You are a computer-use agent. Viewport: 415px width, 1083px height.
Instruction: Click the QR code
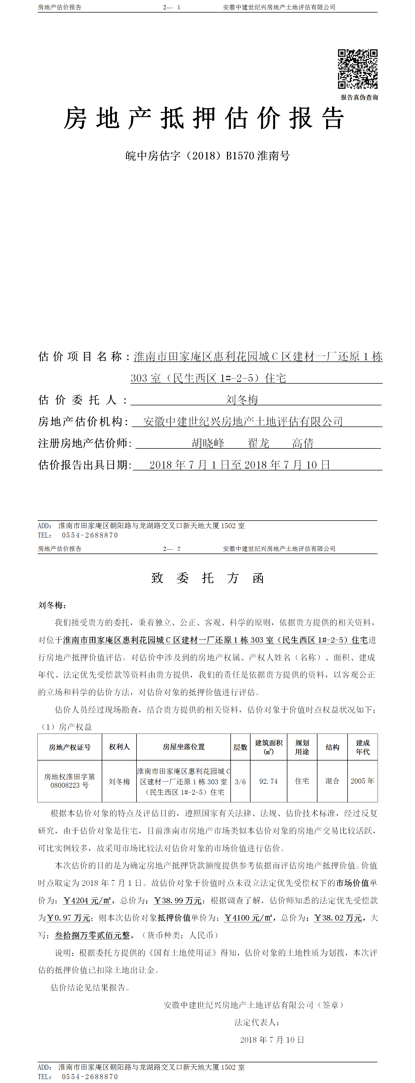coord(357,69)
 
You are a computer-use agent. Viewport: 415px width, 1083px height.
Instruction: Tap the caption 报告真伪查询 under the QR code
coord(359,97)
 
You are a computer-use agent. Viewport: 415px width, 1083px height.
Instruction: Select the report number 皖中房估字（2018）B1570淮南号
coord(208,156)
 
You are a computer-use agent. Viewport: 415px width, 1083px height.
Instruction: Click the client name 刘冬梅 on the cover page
coord(242,399)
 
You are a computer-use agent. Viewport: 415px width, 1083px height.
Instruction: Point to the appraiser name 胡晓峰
coord(208,443)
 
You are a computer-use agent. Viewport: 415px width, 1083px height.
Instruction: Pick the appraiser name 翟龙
coord(258,443)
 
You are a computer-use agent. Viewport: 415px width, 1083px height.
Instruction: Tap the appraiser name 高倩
coord(303,443)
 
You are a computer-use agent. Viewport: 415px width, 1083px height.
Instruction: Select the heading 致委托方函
coord(208,578)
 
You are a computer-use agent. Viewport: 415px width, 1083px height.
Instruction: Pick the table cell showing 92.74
coord(268,782)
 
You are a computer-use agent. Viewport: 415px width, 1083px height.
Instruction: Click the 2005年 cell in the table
coord(362,781)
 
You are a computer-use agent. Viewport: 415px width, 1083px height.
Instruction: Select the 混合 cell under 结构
coord(332,781)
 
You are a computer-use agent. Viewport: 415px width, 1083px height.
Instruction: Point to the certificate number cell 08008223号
coord(69,785)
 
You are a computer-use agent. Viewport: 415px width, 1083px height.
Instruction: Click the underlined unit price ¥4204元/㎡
coord(87,901)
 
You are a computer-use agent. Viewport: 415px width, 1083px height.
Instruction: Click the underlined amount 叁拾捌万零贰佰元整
coord(93,935)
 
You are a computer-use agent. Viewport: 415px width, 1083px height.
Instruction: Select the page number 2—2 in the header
coord(172,549)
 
